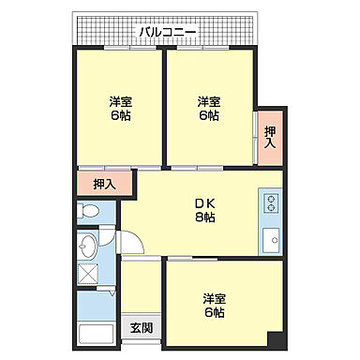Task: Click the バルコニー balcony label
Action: click(x=167, y=32)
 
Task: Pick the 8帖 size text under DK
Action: click(x=205, y=217)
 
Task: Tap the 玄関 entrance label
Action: click(x=142, y=327)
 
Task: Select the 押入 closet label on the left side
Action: click(x=104, y=184)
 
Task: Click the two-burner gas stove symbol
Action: click(x=273, y=202)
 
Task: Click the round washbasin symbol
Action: click(x=89, y=247)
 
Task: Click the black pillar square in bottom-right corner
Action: click(x=274, y=338)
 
